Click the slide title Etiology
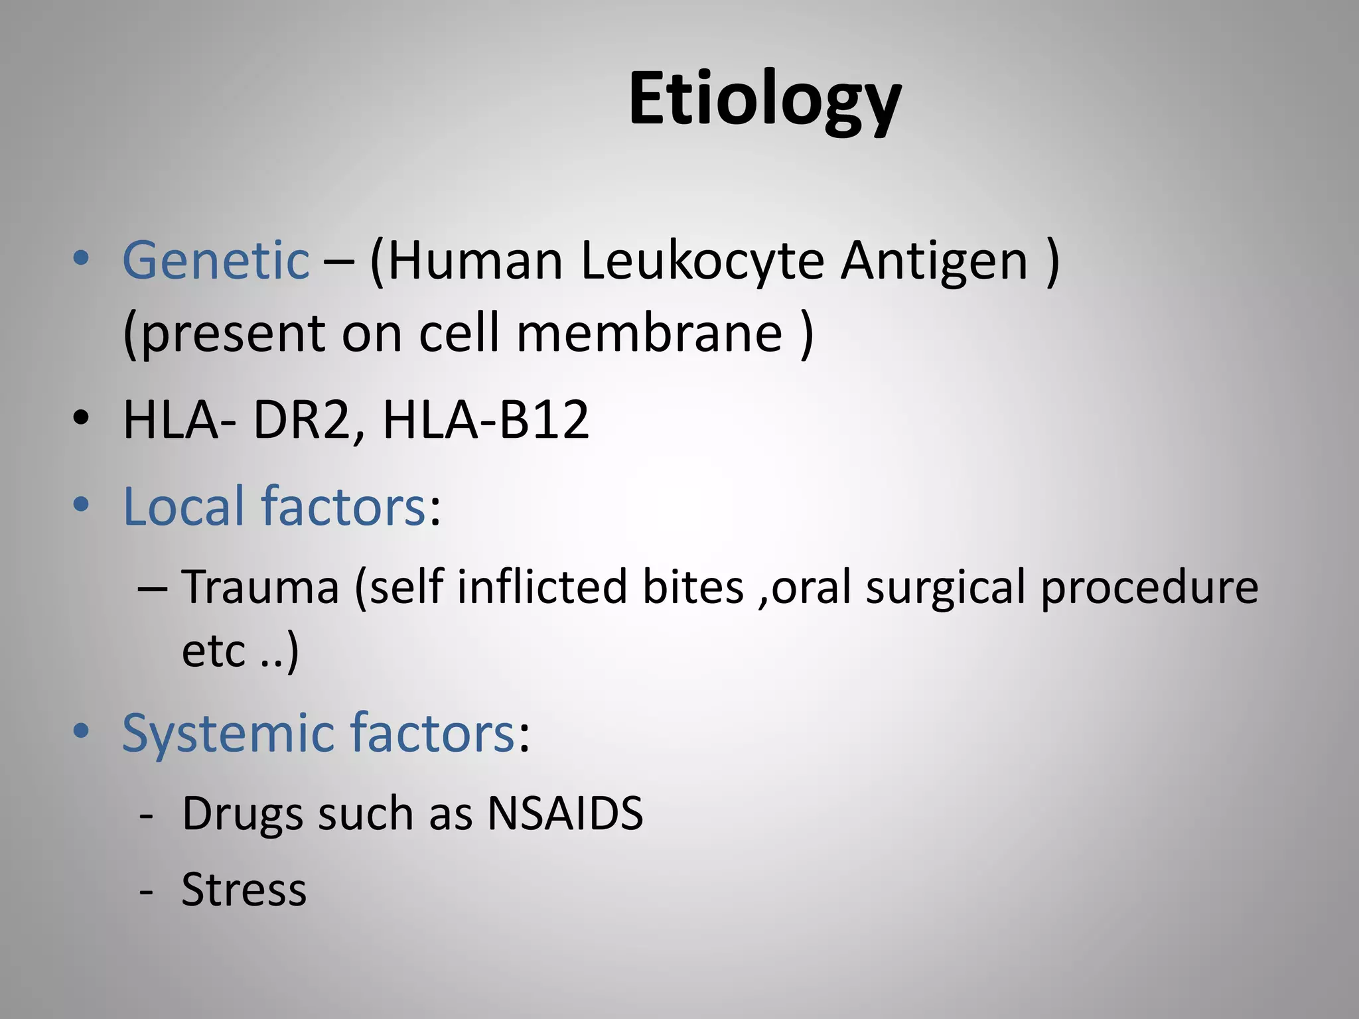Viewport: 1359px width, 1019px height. (764, 100)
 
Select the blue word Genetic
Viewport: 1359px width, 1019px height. (216, 261)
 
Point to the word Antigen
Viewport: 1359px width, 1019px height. (934, 261)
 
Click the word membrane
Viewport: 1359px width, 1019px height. (649, 333)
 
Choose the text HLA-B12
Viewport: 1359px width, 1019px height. (486, 420)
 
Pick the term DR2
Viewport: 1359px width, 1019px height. (301, 420)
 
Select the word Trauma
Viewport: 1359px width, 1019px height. (260, 587)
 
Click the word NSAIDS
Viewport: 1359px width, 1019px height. (565, 813)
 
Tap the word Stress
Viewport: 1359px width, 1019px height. (244, 890)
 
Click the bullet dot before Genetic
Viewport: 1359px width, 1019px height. (81, 259)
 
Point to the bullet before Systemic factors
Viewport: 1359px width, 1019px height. (81, 731)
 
